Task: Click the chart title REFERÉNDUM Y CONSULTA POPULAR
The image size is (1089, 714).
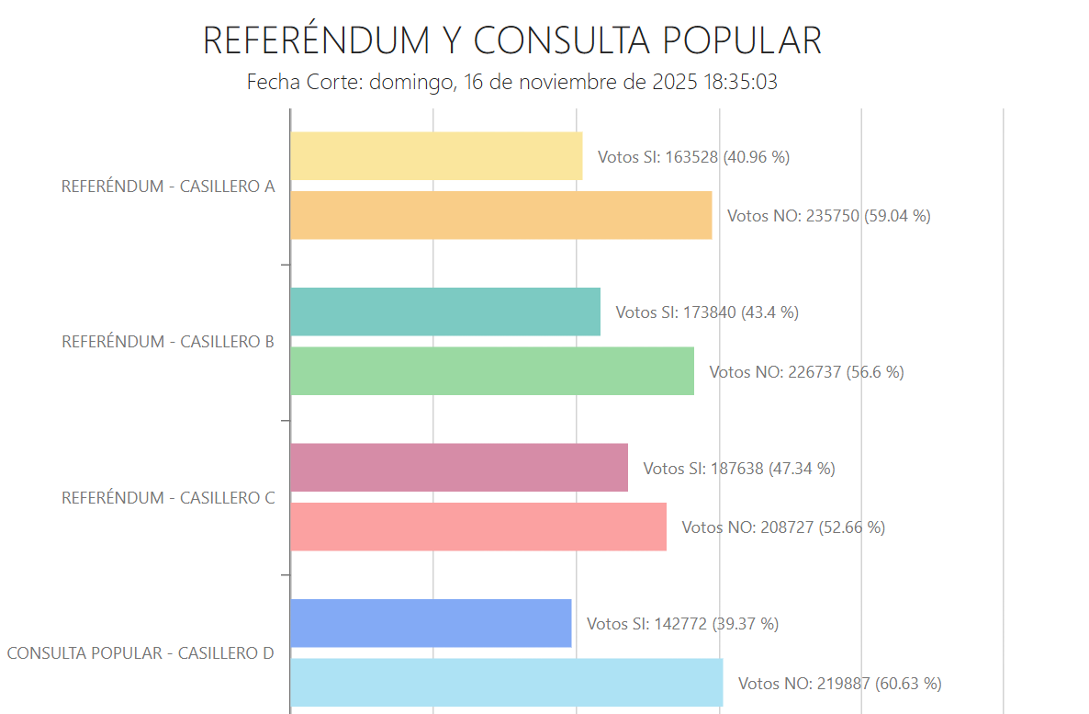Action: click(511, 41)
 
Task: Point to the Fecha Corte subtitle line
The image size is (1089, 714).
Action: click(511, 82)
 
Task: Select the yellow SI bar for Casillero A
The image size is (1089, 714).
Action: click(436, 156)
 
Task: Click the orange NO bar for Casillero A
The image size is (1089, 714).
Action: click(500, 216)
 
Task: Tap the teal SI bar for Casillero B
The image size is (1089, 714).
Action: click(445, 312)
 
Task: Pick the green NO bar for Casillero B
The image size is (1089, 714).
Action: click(492, 371)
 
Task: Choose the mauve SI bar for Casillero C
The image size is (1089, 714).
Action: click(459, 468)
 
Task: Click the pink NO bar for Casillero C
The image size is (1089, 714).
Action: click(478, 527)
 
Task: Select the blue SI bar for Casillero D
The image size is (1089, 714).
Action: click(431, 623)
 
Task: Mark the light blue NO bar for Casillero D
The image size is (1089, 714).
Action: click(506, 683)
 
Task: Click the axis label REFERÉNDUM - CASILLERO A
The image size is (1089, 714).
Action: click(168, 187)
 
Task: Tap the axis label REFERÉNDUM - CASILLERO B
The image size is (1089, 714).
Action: click(168, 342)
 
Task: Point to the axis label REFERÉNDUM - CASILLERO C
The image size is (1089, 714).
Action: click(168, 498)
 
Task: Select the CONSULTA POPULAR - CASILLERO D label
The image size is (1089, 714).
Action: click(140, 653)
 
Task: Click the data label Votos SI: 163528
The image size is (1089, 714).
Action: click(693, 157)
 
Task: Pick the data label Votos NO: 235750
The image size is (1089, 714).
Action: click(829, 217)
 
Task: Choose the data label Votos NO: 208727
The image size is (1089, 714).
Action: click(782, 528)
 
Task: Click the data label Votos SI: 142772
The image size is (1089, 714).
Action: click(682, 624)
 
